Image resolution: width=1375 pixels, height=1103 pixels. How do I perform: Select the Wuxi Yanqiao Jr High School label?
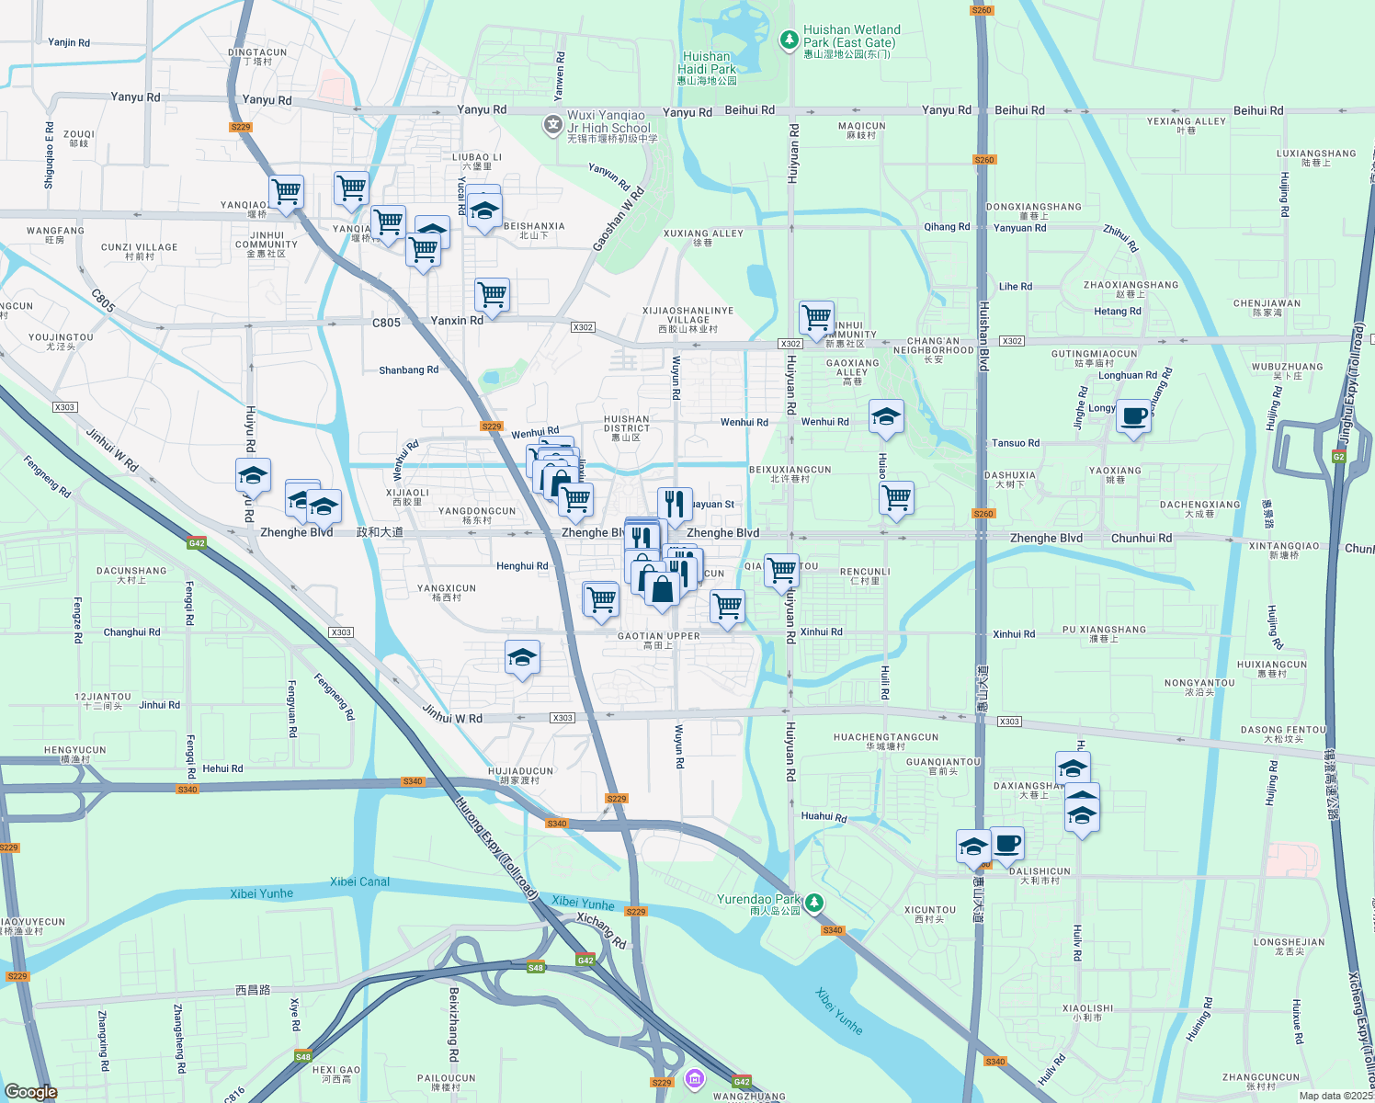pos(609,122)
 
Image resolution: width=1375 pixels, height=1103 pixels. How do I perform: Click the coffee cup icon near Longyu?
pos(1134,415)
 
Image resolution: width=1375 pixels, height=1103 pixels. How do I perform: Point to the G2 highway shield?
pos(1338,457)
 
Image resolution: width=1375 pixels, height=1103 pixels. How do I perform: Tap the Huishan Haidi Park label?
pos(707,63)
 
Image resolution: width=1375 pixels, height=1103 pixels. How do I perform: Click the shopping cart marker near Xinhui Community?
pos(816,318)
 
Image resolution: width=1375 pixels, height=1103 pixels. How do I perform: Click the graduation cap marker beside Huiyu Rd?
pos(253,475)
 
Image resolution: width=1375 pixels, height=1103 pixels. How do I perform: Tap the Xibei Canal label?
pos(359,881)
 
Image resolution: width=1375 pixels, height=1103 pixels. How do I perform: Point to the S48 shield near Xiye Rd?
pos(302,1057)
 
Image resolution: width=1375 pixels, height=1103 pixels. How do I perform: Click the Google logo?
pos(30,1091)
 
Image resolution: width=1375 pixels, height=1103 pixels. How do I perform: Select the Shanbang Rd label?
pos(408,370)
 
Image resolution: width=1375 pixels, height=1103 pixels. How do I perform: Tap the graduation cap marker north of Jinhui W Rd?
pos(522,657)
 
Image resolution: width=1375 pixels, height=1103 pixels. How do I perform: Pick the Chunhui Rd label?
pos(1142,538)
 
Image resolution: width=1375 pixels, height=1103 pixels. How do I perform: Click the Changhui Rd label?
pos(131,632)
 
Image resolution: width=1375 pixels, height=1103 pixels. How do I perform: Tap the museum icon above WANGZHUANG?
pos(695,1077)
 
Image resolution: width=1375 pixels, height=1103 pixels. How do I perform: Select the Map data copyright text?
pos(1335,1096)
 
